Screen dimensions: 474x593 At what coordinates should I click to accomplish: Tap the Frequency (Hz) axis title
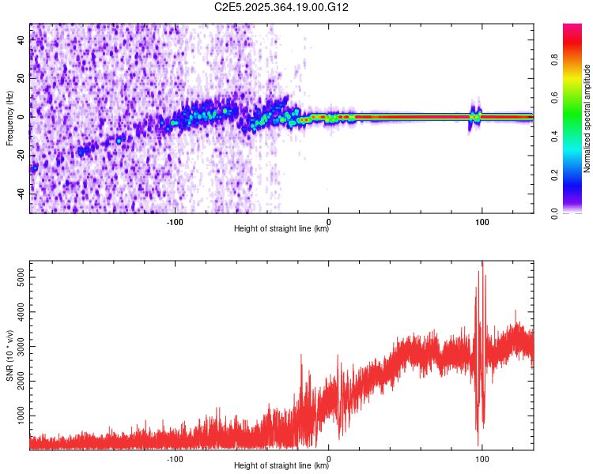click(x=9, y=118)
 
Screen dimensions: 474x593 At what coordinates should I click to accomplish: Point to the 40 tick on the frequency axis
click(x=21, y=41)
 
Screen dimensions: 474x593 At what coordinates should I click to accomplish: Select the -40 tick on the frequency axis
click(x=21, y=193)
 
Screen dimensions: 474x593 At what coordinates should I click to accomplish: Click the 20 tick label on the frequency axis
click(x=21, y=79)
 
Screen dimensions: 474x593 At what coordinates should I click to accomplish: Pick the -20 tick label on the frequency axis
click(x=21, y=155)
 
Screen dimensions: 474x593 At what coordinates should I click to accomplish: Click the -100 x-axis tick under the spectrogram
click(x=175, y=221)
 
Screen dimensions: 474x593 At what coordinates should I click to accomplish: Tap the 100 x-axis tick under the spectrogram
click(x=482, y=221)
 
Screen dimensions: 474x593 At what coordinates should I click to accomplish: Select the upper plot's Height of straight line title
click(x=281, y=230)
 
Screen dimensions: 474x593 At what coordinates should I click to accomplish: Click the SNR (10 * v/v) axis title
click(x=9, y=355)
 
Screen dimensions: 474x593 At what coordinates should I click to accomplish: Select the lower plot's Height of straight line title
click(x=281, y=467)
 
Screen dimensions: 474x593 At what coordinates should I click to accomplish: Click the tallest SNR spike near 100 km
click(x=482, y=264)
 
